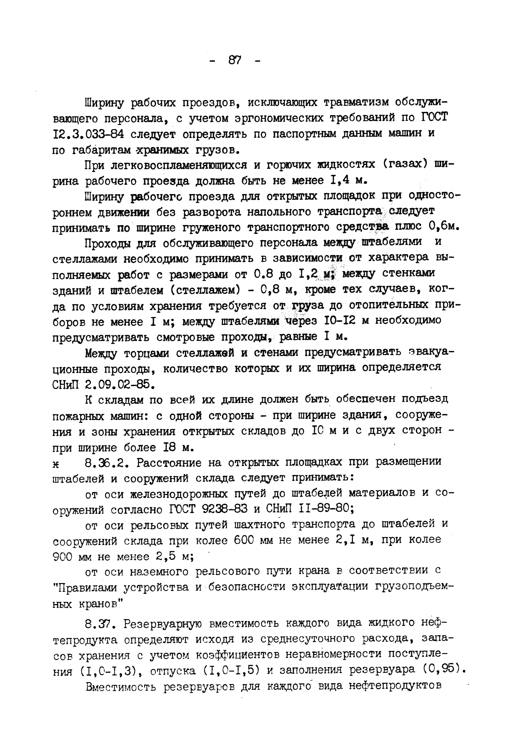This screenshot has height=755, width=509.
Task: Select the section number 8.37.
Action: pyautogui.click(x=98, y=623)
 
